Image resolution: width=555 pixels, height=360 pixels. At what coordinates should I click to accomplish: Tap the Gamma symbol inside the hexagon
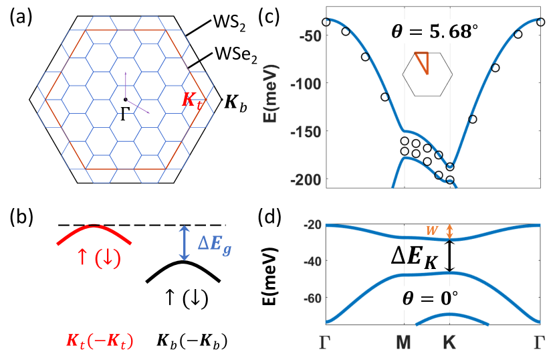126,113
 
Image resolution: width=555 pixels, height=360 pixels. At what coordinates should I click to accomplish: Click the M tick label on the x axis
403,343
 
